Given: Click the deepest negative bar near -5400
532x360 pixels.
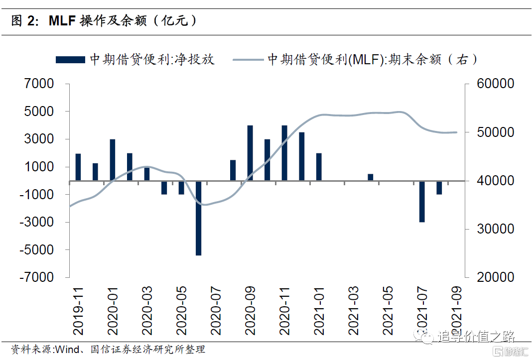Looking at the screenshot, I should (198, 219).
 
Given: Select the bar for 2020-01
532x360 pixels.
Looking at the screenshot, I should (113, 160).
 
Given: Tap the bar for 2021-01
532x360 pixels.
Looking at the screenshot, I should (319, 167).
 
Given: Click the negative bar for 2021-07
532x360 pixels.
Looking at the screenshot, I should (422, 202).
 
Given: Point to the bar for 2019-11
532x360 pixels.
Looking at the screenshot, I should (78, 167).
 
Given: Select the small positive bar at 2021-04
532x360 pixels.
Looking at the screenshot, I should (371, 178).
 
